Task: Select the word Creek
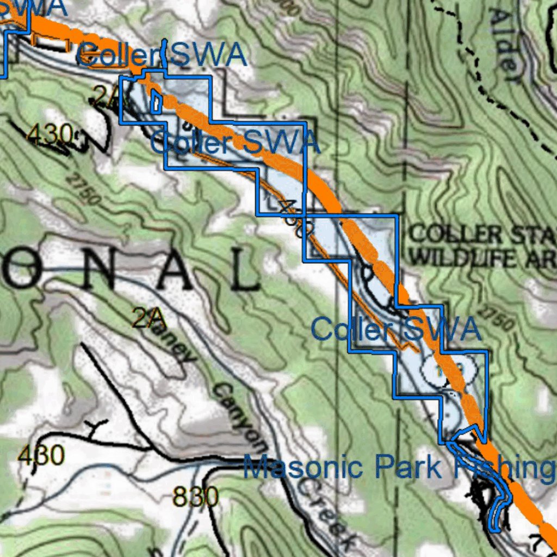point(326,512)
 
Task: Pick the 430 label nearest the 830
point(41,455)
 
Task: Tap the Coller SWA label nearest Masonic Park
point(396,329)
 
